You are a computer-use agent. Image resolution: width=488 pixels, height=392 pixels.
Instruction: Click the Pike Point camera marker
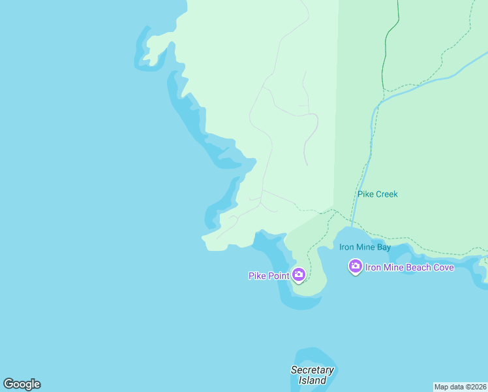(x=299, y=275)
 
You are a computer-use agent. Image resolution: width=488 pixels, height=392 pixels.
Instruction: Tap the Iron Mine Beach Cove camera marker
(x=356, y=266)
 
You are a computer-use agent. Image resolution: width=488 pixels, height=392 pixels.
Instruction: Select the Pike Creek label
(x=377, y=194)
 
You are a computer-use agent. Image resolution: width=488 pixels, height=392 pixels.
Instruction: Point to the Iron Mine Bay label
(x=365, y=247)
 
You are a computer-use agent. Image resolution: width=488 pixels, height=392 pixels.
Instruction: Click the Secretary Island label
(x=312, y=375)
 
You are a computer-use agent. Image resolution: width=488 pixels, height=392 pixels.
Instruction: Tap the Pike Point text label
(x=269, y=276)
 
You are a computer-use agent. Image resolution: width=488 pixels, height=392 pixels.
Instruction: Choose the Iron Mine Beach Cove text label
(x=409, y=267)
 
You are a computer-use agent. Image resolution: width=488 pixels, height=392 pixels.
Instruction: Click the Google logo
(x=22, y=384)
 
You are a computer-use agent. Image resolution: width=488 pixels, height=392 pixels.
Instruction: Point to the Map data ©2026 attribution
(x=460, y=387)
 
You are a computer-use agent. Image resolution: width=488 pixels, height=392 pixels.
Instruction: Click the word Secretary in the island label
(x=312, y=370)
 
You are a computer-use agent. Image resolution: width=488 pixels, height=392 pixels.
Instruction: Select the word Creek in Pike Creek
(x=386, y=194)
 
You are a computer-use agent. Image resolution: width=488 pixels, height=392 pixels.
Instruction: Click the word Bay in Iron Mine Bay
(x=382, y=247)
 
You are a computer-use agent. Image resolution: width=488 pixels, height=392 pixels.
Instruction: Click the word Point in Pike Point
(x=278, y=276)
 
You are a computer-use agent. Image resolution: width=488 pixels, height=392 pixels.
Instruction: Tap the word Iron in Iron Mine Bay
(x=346, y=247)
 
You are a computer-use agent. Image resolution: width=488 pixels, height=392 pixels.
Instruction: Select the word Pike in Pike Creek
(x=365, y=194)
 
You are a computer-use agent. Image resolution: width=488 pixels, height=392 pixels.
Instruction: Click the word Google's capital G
(x=8, y=384)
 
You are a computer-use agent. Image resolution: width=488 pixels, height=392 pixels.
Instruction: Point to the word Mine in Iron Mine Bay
(x=364, y=247)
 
